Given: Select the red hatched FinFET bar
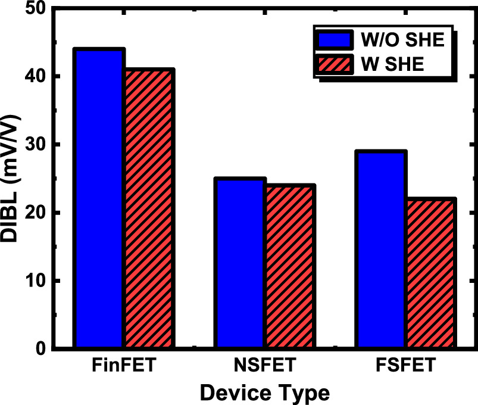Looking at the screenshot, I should (149, 208).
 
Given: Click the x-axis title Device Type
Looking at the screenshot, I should (264, 392).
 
